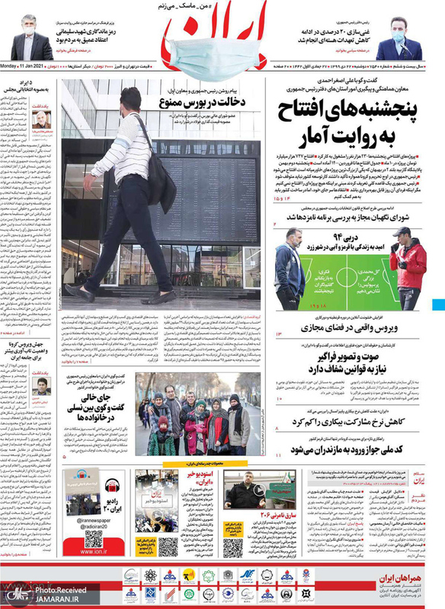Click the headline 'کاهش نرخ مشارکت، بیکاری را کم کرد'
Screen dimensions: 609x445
point(351,421)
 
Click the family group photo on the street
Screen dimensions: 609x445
point(198,415)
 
